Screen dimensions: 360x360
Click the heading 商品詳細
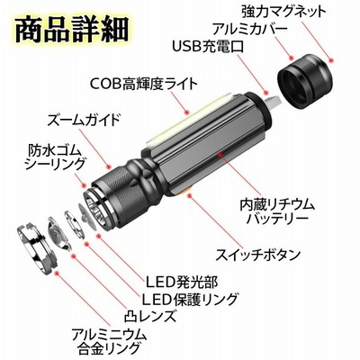(72, 30)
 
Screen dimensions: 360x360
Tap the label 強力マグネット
(283, 11)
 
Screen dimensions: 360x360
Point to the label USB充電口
(208, 47)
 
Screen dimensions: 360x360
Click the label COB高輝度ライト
(144, 84)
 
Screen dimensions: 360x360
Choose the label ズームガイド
(84, 120)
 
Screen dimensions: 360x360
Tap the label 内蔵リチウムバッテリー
(277, 212)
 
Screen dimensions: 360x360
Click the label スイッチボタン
(258, 255)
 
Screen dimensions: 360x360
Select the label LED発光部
(182, 282)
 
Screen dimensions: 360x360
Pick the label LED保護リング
(190, 299)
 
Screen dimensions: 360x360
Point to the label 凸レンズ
(149, 316)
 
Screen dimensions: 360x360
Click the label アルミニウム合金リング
(109, 341)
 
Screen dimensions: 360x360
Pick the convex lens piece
(59, 233)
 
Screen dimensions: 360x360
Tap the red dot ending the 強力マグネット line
(331, 60)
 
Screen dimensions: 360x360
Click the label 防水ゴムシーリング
(55, 157)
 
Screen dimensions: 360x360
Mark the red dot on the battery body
(220, 154)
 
